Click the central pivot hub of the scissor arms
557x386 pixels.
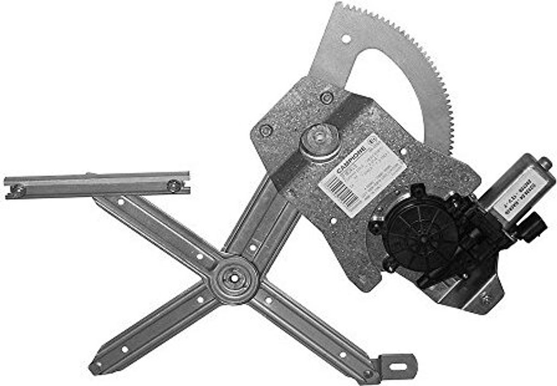pyautogui.click(x=234, y=278)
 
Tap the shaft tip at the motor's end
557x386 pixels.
pyautogui.click(x=545, y=163)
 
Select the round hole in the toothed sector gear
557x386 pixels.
pyautogui.click(x=345, y=39)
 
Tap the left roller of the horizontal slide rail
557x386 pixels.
pyautogui.click(x=17, y=191)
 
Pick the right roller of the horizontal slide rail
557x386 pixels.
pyautogui.click(x=174, y=186)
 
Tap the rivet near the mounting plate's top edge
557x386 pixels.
pyautogui.click(x=326, y=98)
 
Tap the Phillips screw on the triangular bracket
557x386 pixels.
pyautogui.click(x=486, y=298)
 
